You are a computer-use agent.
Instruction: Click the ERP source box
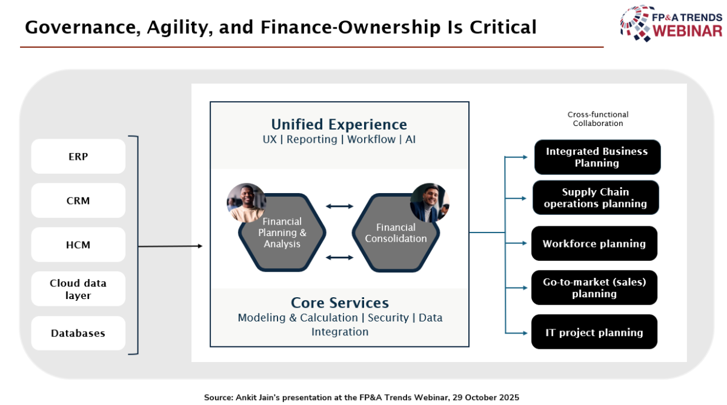pyautogui.click(x=78, y=156)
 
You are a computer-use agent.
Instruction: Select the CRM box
pyautogui.click(x=78, y=200)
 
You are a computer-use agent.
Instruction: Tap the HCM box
pyautogui.click(x=78, y=245)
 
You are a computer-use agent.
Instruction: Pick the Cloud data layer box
pyautogui.click(x=78, y=289)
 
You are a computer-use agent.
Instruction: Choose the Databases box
pyautogui.click(x=78, y=333)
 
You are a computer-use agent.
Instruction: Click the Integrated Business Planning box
pyautogui.click(x=597, y=157)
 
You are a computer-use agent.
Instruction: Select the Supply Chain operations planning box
pyautogui.click(x=596, y=198)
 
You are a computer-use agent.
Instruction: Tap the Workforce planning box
pyautogui.click(x=594, y=243)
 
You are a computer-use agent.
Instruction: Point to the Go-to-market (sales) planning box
pyautogui.click(x=594, y=288)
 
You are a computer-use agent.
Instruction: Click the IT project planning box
pyautogui.click(x=594, y=332)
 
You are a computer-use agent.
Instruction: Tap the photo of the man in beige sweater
pyautogui.click(x=247, y=203)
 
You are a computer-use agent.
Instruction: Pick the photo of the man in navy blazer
pyautogui.click(x=430, y=203)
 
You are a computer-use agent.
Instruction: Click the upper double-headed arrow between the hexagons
pyautogui.click(x=339, y=206)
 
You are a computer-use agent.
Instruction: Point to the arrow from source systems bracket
pyautogui.click(x=170, y=246)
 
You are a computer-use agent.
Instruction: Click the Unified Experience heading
pyautogui.click(x=339, y=125)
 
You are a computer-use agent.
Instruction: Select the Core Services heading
pyautogui.click(x=340, y=303)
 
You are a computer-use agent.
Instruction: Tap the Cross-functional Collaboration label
pyautogui.click(x=598, y=119)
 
